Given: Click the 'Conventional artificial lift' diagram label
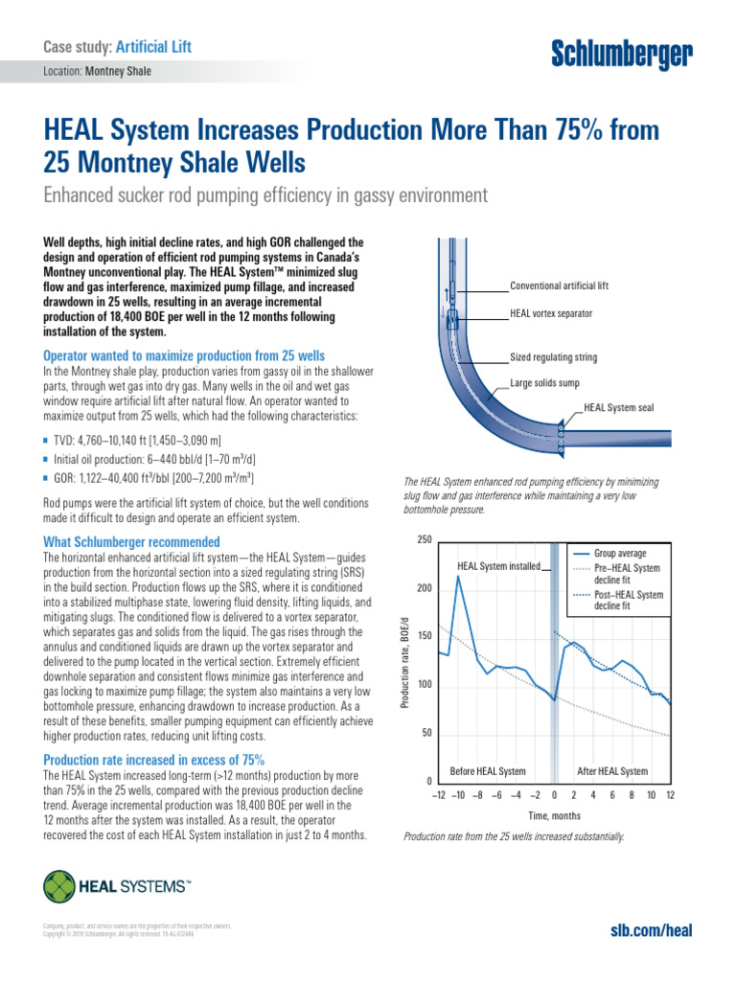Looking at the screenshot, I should [x=559, y=285].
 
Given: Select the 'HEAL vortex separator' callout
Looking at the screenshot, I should [x=551, y=314].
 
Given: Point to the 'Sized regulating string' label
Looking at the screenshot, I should [x=553, y=357].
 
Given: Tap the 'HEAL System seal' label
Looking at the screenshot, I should [x=619, y=408].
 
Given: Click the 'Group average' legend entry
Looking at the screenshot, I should [x=620, y=554].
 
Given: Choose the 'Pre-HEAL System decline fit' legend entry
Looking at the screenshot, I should [x=627, y=574].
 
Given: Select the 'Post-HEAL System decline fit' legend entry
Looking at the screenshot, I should [x=628, y=600].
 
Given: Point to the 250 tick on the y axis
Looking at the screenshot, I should [x=425, y=541].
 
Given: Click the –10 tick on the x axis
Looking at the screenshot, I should [x=458, y=795].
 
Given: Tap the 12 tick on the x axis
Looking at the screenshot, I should [x=671, y=795].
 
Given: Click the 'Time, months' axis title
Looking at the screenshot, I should [x=555, y=815].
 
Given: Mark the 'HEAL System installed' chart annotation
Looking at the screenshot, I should [x=498, y=566].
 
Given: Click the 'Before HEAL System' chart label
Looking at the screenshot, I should [x=488, y=771].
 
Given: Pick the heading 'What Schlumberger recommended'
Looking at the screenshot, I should [x=132, y=542].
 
